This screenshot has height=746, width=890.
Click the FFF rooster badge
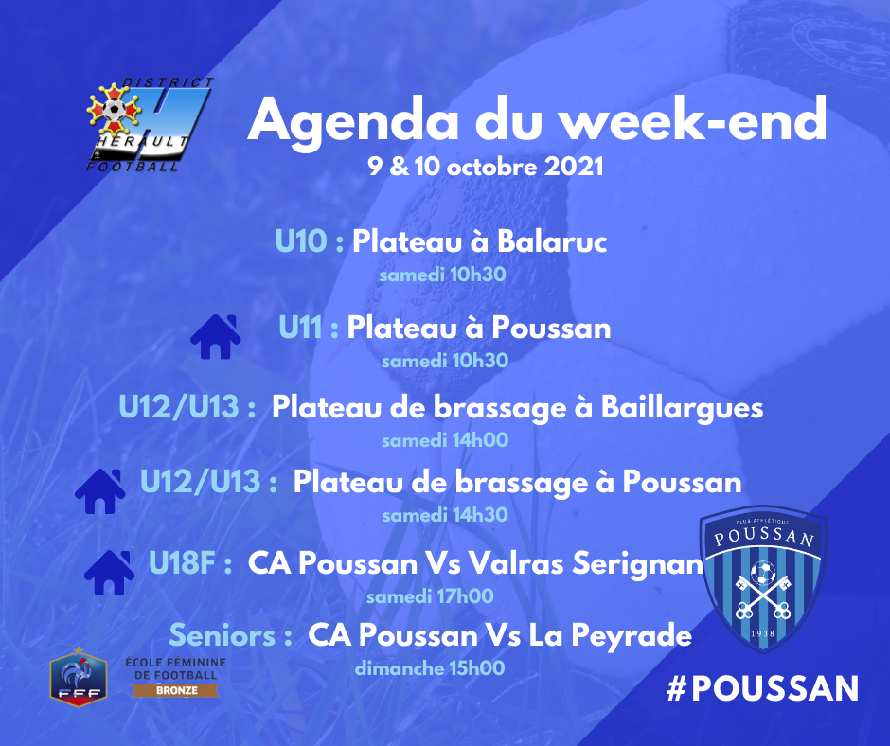pyautogui.click(x=79, y=676)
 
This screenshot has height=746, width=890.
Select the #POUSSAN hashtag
pyautogui.click(x=762, y=688)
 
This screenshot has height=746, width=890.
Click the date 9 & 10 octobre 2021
pyautogui.click(x=486, y=167)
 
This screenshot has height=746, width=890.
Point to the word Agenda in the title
pyautogui.click(x=352, y=120)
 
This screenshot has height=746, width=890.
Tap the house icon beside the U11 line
pyautogui.click(x=216, y=337)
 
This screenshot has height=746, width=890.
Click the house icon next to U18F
pyautogui.click(x=110, y=573)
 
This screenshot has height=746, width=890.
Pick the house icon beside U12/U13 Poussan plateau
pyautogui.click(x=100, y=491)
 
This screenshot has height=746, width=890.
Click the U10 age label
pyautogui.click(x=301, y=240)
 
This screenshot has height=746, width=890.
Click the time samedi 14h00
pyautogui.click(x=445, y=440)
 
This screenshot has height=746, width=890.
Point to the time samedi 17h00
pyautogui.click(x=430, y=596)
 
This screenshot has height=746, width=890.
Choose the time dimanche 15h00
pyautogui.click(x=430, y=668)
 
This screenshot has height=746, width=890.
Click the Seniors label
pyautogui.click(x=222, y=634)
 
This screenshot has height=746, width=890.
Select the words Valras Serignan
pyautogui.click(x=586, y=563)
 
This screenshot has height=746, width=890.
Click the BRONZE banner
pyautogui.click(x=176, y=690)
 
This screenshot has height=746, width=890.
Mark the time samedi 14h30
pyautogui.click(x=445, y=516)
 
